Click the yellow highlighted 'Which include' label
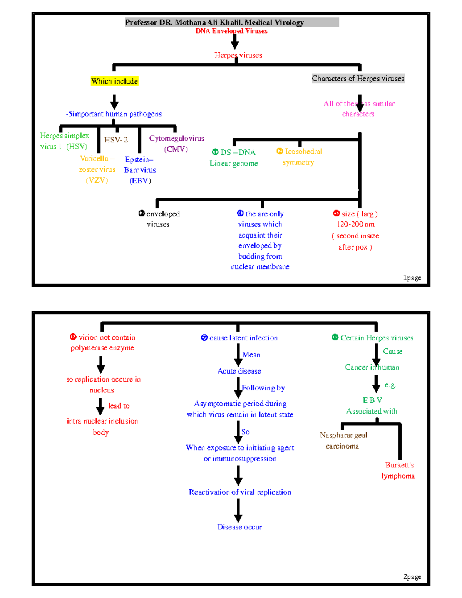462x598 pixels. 114,81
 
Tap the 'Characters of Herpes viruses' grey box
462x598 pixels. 358,79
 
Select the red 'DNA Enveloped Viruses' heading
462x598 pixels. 231,31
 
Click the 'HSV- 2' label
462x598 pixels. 116,140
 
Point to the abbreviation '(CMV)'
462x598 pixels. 176,149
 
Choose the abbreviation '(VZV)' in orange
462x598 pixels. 97,180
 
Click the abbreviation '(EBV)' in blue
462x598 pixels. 140,181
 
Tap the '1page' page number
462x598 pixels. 412,278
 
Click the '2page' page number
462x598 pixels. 412,576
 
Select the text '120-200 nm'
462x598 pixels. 355,224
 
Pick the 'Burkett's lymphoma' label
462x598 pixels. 398,470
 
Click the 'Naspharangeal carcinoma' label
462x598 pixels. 343,440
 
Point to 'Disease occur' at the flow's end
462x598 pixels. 239,527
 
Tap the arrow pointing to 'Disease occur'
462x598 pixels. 238,511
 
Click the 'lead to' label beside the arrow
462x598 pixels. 119,405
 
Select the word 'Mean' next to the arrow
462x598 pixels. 251,355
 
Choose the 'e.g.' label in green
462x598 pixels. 390,385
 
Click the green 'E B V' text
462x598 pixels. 372,400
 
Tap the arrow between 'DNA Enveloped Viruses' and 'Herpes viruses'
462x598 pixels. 235,41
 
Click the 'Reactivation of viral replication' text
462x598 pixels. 240,492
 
